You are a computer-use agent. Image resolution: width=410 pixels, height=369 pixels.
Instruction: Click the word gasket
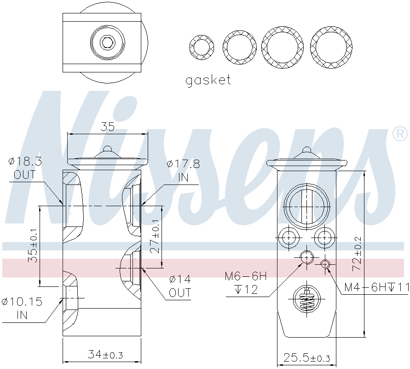pyautogui.click(x=208, y=80)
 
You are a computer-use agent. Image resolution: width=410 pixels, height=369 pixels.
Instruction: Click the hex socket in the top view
pyautogui.click(x=107, y=42)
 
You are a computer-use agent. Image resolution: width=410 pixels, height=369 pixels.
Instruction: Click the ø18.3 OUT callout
pyautogui.click(x=25, y=168)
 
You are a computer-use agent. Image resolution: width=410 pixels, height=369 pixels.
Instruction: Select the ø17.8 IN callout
pyautogui.click(x=183, y=171)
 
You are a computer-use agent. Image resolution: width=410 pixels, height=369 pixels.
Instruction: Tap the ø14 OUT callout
pyautogui.click(x=180, y=286)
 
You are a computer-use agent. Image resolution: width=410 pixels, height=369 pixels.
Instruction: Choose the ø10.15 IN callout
pyautogui.click(x=22, y=308)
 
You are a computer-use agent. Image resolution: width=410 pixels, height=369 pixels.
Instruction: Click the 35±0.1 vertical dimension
pyautogui.click(x=33, y=245)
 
